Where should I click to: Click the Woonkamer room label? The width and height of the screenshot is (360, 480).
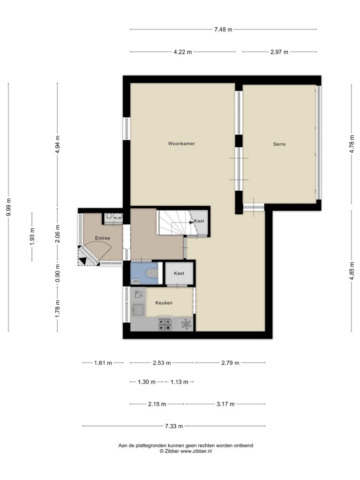pos(181,143)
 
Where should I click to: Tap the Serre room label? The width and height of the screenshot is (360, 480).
pos(279,144)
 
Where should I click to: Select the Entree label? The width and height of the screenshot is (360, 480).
pos(102,238)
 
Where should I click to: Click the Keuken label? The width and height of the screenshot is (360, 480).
pos(164,303)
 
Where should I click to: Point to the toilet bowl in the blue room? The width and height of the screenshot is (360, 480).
pos(151,273)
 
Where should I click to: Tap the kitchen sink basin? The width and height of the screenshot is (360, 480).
pos(138,310)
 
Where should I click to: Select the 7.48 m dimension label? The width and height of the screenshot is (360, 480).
pos(223,30)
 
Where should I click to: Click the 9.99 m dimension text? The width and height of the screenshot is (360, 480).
pos(8,207)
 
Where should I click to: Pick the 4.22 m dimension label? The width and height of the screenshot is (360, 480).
pos(183,52)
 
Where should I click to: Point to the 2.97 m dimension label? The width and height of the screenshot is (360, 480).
pos(279,52)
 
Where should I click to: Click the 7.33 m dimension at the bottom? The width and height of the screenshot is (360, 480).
pos(174,426)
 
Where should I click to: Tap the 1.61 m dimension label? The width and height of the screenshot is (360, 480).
pos(103,363)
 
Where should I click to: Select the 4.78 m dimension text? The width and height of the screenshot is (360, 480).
pos(352,144)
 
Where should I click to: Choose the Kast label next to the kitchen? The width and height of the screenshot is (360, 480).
pos(179,273)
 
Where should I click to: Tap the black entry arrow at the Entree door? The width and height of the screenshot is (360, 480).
pos(82,261)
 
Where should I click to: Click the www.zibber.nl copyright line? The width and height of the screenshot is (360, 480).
pos(186,451)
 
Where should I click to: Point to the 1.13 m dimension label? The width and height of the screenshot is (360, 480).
pos(180,382)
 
